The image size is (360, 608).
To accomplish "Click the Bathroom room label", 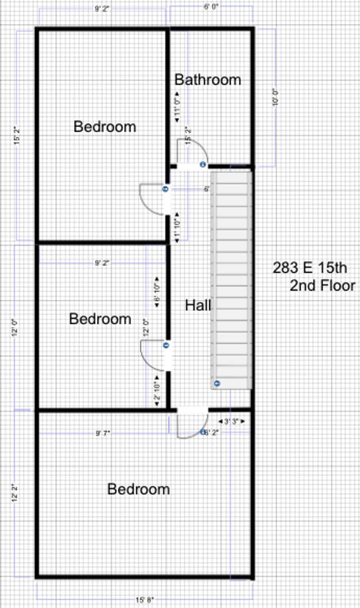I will [208, 80].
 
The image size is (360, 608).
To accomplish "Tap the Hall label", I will [198, 305].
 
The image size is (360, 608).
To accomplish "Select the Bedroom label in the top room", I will [105, 127].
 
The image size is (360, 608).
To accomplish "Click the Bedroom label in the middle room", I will [100, 319].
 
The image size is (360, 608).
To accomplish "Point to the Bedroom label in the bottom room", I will [138, 489].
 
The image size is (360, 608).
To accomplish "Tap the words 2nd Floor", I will [322, 285].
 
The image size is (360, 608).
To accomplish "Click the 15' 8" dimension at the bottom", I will [144, 600].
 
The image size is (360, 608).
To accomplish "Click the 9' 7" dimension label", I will [102, 433].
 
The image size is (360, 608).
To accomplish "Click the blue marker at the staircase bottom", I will [217, 384].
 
